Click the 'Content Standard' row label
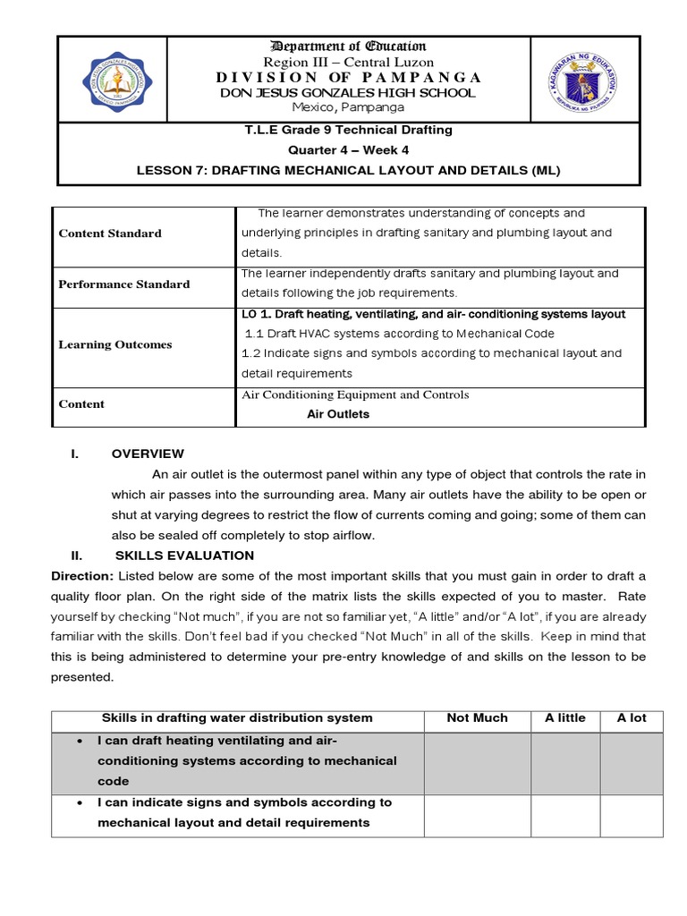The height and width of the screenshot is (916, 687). (110, 233)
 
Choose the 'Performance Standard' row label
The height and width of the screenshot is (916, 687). (124, 284)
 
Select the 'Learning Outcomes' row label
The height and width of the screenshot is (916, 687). (115, 344)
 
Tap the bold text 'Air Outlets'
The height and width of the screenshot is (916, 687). (338, 414)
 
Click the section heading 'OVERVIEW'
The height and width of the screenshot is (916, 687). (148, 454)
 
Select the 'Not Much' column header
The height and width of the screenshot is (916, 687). (477, 717)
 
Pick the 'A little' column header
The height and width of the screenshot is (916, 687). (565, 717)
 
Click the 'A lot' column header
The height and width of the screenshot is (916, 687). (632, 717)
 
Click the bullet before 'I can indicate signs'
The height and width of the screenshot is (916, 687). (81, 802)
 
